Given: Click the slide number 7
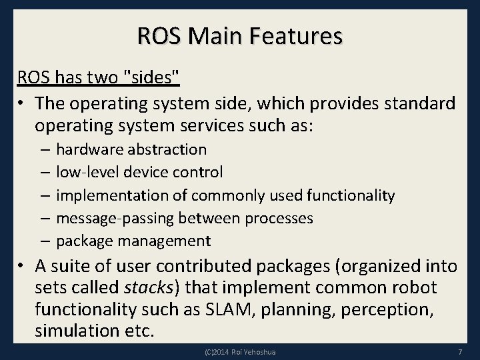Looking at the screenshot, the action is pos(461,351).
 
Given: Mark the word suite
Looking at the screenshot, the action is pos(75,267).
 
